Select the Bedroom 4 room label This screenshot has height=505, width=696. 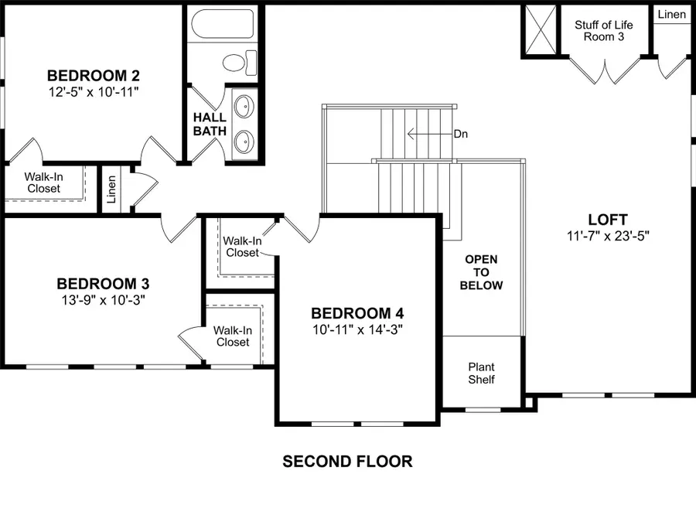coord(357,313)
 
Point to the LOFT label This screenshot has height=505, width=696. coord(607,220)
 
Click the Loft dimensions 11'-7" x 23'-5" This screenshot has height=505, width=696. coord(607,236)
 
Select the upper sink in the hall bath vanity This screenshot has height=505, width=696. coord(245,104)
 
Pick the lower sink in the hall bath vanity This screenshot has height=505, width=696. coord(245,142)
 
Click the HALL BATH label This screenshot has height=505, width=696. coord(210,124)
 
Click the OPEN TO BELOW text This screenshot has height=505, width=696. coord(481,272)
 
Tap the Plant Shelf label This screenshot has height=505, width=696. coord(481,373)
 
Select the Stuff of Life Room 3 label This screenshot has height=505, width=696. coord(603,31)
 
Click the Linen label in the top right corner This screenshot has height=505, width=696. coord(670,15)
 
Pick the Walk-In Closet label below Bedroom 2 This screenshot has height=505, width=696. coord(43,183)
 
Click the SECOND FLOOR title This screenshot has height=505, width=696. coord(347,462)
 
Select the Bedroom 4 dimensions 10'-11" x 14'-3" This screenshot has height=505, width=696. coord(357,329)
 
